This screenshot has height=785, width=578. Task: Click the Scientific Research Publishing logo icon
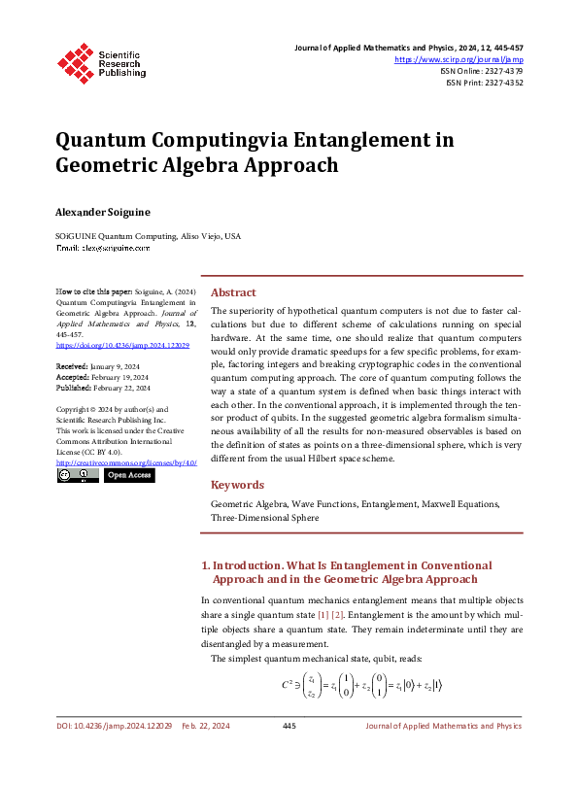[75, 60]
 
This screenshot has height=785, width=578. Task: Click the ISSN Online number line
[481, 71]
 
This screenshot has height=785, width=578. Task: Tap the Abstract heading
[233, 292]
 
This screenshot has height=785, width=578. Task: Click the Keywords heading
[238, 484]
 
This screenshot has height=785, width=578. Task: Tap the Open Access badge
[129, 476]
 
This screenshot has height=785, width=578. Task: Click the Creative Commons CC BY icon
[77, 476]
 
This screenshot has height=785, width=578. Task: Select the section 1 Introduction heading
[346, 571]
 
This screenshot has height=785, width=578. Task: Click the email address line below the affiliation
[103, 249]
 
